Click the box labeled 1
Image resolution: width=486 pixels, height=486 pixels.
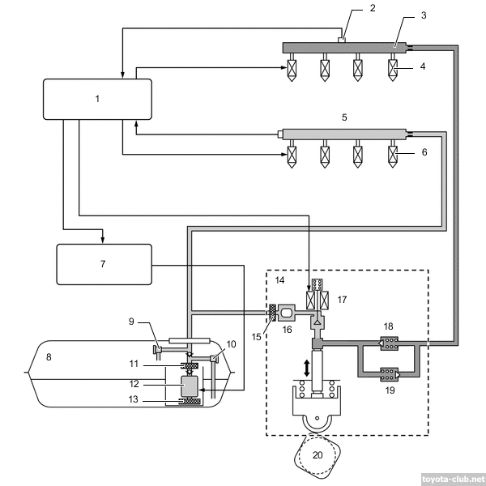point(97,99)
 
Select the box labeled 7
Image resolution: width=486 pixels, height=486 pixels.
point(103,264)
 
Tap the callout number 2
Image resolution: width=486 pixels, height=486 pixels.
point(351,9)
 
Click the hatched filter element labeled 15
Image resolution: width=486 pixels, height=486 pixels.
point(274,310)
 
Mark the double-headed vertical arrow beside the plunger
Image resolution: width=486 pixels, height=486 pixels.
point(306,367)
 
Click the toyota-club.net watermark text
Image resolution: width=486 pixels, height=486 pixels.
point(453,479)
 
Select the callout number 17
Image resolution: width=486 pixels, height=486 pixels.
point(341,300)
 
